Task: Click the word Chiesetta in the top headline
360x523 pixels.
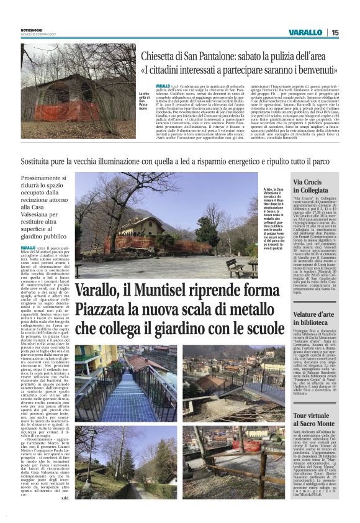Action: click(x=163, y=56)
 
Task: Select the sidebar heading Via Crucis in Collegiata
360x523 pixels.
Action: click(x=316, y=185)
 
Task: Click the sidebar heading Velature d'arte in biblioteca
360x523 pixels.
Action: click(x=316, y=319)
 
